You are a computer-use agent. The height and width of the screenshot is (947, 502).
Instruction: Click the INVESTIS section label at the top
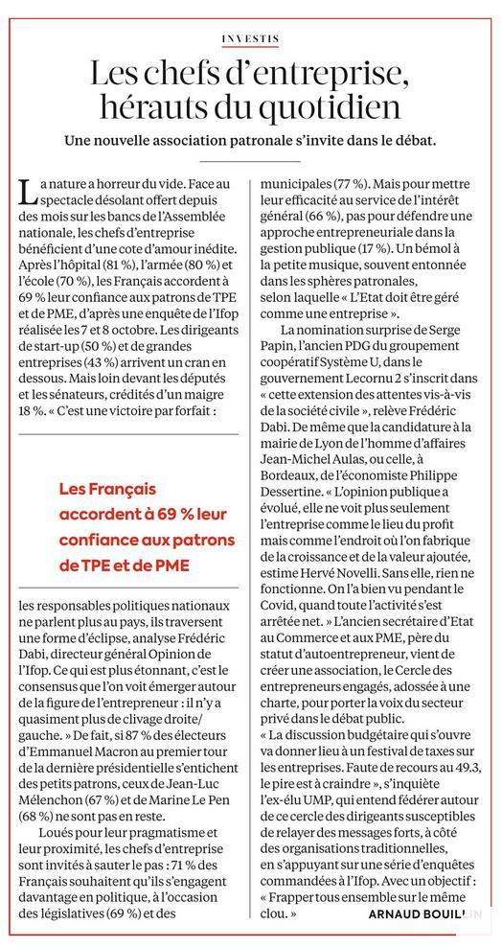click(x=250, y=39)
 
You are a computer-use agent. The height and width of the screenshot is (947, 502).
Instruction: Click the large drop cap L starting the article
click(x=26, y=190)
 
